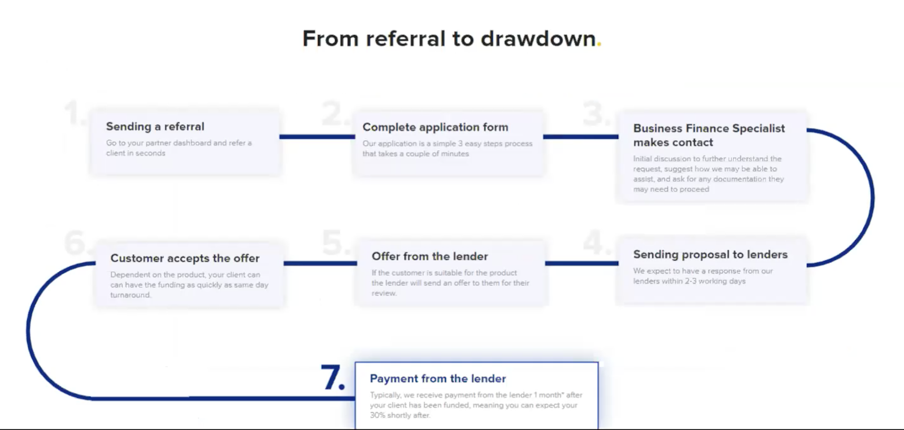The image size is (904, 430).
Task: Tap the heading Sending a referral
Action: (x=155, y=127)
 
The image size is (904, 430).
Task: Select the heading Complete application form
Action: (x=435, y=127)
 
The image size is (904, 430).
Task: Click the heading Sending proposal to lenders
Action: (x=710, y=255)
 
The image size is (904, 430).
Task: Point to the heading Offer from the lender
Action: (x=429, y=257)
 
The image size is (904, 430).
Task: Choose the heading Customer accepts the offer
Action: (x=185, y=258)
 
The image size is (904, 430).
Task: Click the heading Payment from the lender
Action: (x=438, y=379)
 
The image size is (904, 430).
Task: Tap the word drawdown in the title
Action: (x=538, y=39)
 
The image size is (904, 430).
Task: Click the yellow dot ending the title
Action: (x=599, y=44)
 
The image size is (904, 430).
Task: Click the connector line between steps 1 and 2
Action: (x=316, y=136)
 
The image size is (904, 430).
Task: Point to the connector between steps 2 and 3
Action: (x=580, y=136)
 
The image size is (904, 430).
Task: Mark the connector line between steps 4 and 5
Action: (x=581, y=263)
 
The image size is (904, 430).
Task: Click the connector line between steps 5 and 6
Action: (x=320, y=263)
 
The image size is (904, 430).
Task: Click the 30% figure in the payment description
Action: (x=377, y=415)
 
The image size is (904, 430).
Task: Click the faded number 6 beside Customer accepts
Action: (x=75, y=243)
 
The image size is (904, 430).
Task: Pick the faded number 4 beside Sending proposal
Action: (x=594, y=242)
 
